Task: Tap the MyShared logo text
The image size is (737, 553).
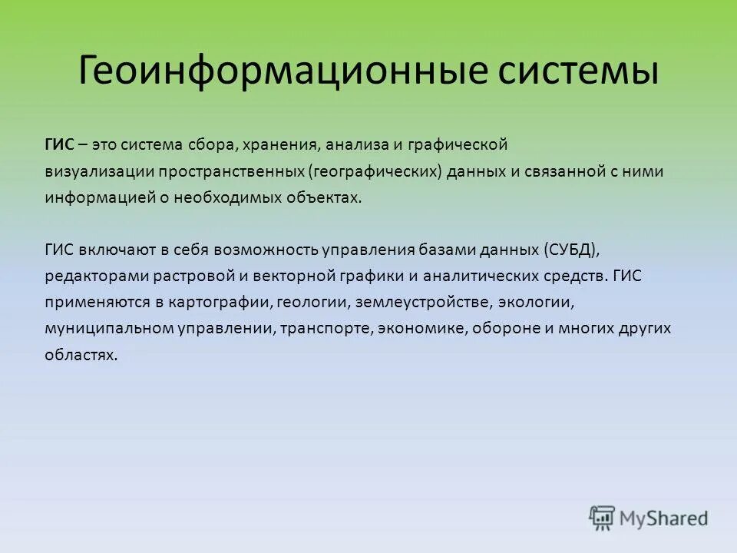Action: [664, 518]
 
